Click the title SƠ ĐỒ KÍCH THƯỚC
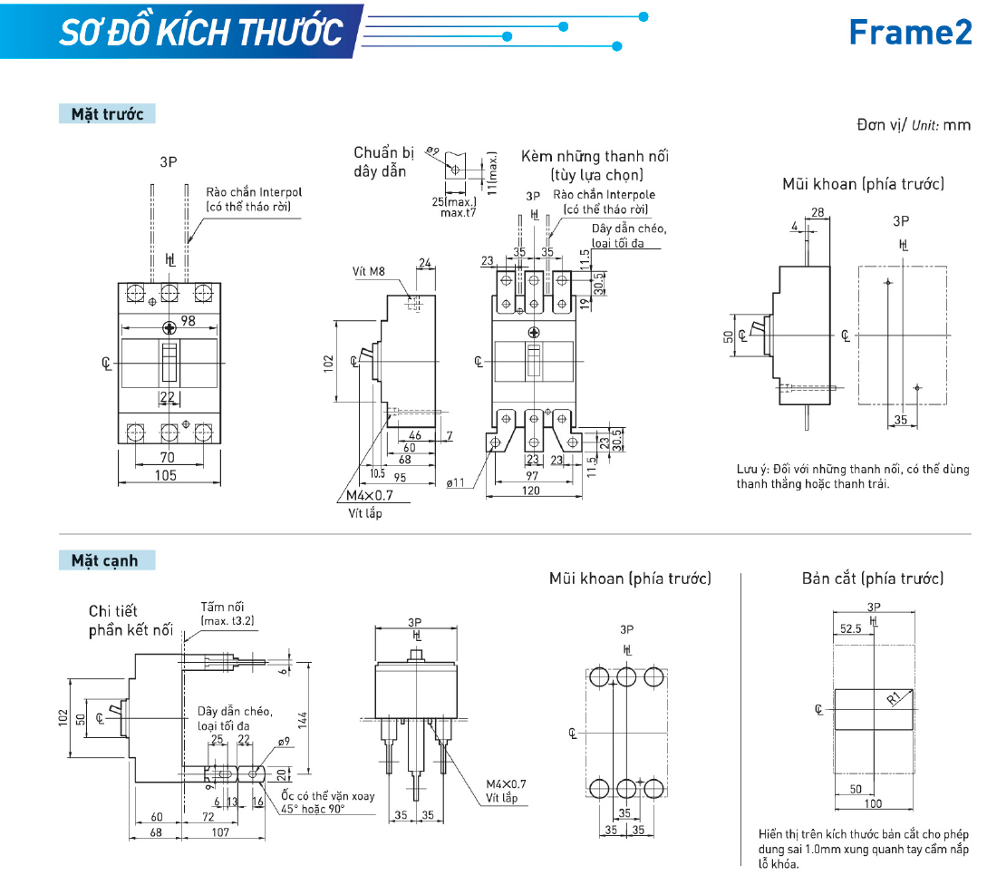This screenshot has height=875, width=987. (x=201, y=32)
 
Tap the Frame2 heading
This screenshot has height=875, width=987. (x=909, y=32)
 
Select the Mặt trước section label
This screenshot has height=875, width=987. (x=107, y=114)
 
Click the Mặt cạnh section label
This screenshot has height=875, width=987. (x=104, y=560)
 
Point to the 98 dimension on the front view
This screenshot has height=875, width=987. (x=188, y=321)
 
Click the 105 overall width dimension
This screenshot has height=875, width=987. (x=166, y=475)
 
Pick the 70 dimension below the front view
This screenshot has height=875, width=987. (x=167, y=458)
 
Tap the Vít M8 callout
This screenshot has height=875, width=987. (x=370, y=271)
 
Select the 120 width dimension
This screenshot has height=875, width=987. (x=530, y=491)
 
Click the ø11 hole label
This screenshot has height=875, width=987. (x=456, y=482)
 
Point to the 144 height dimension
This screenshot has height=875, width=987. (x=304, y=718)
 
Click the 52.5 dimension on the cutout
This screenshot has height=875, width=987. (x=850, y=627)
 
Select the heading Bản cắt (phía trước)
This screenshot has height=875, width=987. (x=872, y=578)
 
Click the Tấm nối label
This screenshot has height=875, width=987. (x=222, y=607)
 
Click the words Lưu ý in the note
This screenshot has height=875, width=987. (x=752, y=469)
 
